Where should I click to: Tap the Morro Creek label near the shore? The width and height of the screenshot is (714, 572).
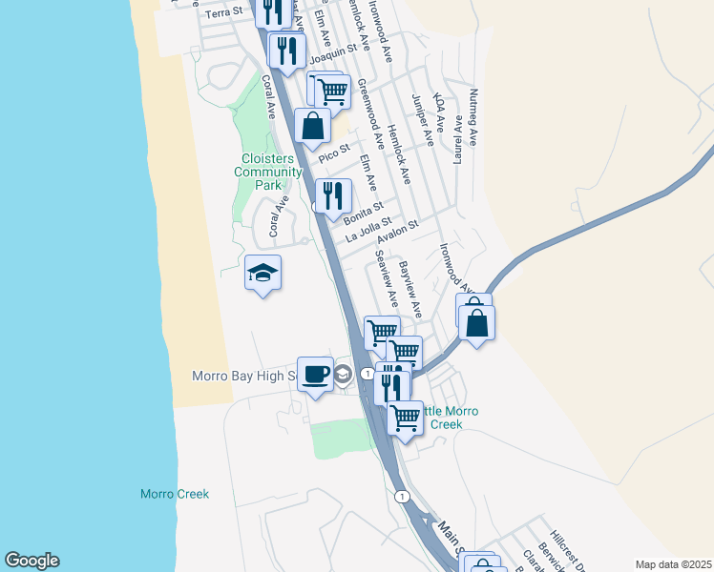coord(174,494)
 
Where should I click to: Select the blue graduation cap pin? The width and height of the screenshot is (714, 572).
coord(263,275)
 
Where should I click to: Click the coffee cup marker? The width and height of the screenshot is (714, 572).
coord(315,374)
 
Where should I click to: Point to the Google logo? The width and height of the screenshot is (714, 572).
coord(31,561)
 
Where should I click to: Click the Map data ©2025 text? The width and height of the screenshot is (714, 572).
coord(674,564)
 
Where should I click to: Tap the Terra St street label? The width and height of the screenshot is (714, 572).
coord(225,14)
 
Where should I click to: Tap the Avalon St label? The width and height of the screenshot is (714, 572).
coord(398,232)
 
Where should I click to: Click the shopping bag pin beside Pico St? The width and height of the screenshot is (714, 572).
coord(312,125)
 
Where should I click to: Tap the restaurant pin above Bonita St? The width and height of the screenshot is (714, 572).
coord(332,196)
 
